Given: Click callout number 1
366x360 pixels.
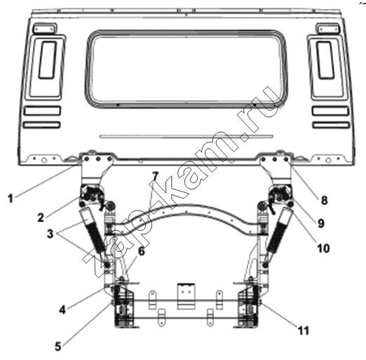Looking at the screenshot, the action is click(11, 199).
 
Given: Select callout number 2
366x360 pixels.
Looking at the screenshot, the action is click(41, 218).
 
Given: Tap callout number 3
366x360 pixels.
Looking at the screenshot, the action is click(50, 234).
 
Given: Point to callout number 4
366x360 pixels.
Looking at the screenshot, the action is click(62, 310).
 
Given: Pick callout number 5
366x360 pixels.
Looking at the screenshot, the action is click(58, 346).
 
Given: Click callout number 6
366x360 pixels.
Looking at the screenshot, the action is click(141, 251).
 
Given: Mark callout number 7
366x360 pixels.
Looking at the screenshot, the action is click(155, 176).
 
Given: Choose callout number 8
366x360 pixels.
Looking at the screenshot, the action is click(324, 201).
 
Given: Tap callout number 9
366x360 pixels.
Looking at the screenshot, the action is click(321, 223).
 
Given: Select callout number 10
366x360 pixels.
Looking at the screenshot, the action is click(323, 248).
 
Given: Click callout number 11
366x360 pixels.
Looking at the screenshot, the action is click(303, 331).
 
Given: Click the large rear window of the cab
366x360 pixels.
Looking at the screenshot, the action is click(186, 69).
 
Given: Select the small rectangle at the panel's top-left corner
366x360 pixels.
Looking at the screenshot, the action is click(45, 29).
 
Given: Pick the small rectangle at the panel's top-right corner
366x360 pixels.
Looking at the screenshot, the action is click(328, 29).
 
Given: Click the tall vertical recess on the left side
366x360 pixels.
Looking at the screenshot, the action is click(48, 60).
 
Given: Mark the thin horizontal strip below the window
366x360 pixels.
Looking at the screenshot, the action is click(186, 136).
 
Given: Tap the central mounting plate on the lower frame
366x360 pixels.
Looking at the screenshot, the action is click(186, 296).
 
